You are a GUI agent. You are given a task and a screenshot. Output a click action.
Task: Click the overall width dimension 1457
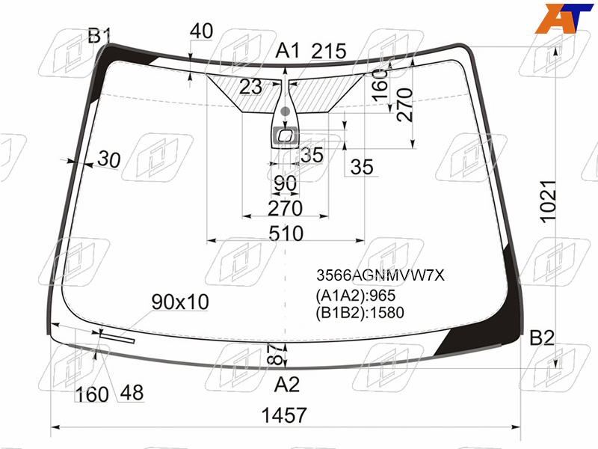(x=284, y=415)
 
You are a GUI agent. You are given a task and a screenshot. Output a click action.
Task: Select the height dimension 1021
(x=548, y=201)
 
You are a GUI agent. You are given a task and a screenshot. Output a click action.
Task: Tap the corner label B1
(x=99, y=35)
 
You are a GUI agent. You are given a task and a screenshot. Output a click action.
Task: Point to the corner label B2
(x=542, y=338)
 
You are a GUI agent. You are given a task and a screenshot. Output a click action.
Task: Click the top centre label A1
(x=287, y=50)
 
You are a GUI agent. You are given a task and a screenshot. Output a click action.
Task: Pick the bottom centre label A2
(x=287, y=384)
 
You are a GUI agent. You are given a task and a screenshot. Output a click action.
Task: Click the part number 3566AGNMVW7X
(x=380, y=275)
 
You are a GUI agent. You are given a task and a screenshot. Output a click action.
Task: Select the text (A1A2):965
(x=356, y=296)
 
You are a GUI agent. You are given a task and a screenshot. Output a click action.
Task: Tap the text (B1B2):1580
(x=360, y=313)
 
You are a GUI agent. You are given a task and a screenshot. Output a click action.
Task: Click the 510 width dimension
(x=286, y=233)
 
